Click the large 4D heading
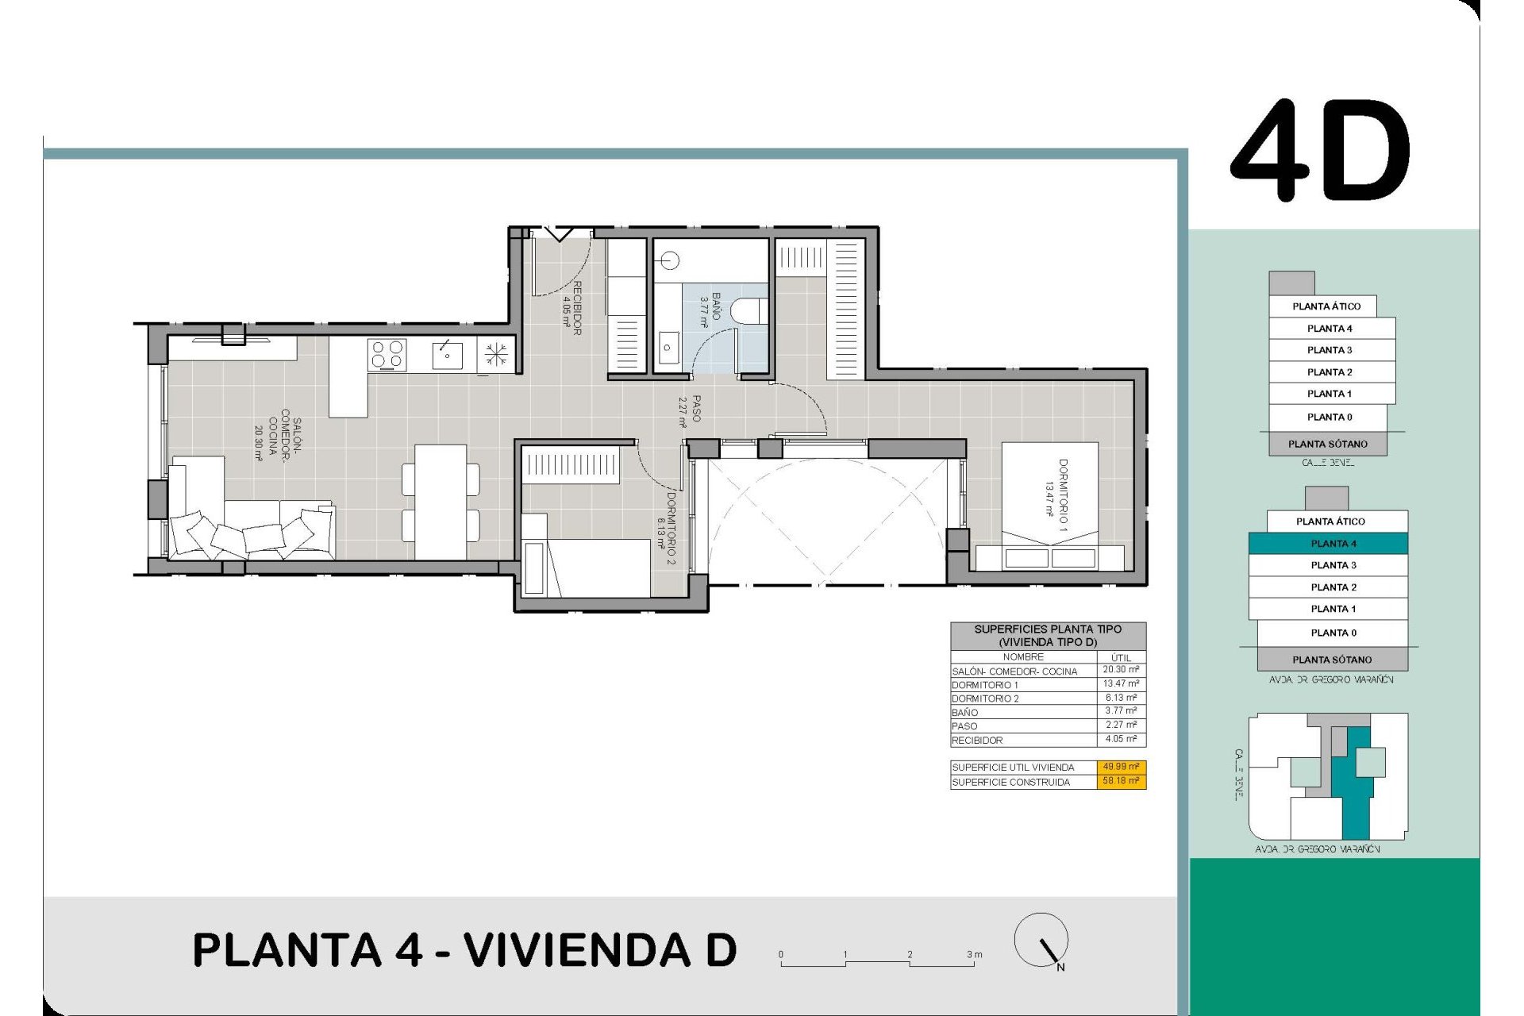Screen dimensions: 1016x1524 (1320, 151)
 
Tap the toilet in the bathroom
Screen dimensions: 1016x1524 (749, 310)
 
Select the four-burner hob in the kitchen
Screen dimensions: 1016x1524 (388, 355)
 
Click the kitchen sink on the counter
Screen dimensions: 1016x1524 (447, 355)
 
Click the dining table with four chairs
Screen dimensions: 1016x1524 (441, 501)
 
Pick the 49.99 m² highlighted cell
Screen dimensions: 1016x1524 (1120, 767)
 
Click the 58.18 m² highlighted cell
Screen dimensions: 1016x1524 (1120, 781)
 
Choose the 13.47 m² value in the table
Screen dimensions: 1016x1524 (1120, 683)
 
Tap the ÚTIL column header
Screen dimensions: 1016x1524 (1120, 657)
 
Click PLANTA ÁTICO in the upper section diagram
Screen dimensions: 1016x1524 (1325, 306)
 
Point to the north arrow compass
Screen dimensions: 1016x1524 (1041, 941)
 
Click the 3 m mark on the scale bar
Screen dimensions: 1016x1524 (973, 956)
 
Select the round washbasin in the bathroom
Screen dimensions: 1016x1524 (672, 260)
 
